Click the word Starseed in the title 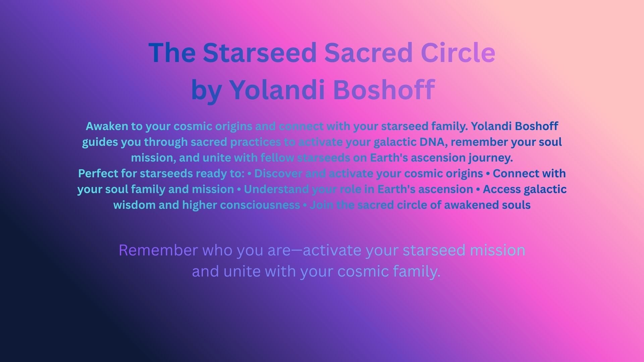pyautogui.click(x=260, y=53)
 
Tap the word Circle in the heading pyautogui.click(x=458, y=53)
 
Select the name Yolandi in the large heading pyautogui.click(x=277, y=89)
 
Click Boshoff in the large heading pyautogui.click(x=384, y=89)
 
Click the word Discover pyautogui.click(x=278, y=174)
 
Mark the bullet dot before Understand pyautogui.click(x=239, y=190)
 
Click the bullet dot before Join pyautogui.click(x=305, y=205)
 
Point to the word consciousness pyautogui.click(x=260, y=205)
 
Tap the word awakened pyautogui.click(x=471, y=205)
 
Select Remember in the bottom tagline pyautogui.click(x=158, y=250)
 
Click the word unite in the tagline pyautogui.click(x=242, y=271)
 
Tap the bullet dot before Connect pyautogui.click(x=488, y=174)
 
